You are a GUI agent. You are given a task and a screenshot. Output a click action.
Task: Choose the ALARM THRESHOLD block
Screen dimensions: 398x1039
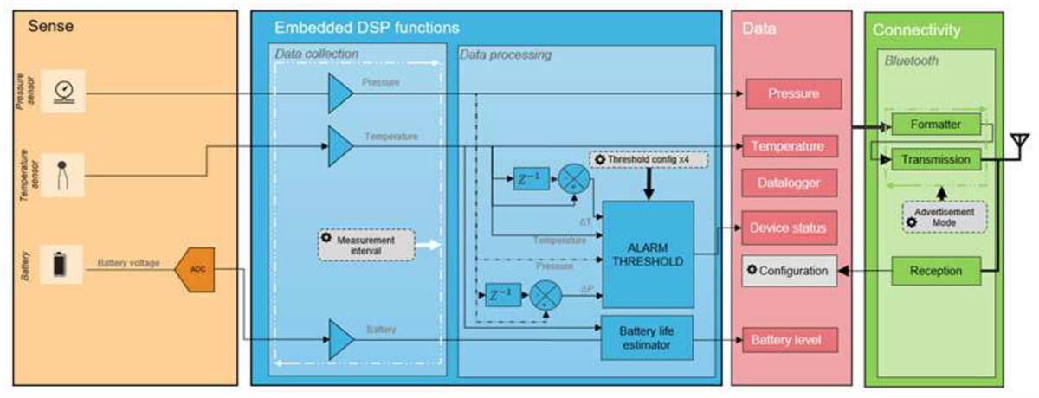tap(648, 254)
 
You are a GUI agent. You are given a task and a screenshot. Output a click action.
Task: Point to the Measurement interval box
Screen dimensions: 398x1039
tap(366, 245)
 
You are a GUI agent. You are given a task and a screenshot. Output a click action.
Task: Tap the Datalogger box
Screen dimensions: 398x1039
tap(792, 183)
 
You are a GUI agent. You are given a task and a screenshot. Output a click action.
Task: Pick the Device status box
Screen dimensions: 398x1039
tap(792, 228)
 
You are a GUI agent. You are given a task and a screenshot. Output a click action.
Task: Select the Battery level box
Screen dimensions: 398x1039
tap(792, 340)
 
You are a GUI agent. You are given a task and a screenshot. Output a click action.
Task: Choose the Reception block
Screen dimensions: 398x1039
tap(936, 271)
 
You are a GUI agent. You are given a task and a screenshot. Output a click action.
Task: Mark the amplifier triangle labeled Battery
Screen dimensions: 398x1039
tap(340, 337)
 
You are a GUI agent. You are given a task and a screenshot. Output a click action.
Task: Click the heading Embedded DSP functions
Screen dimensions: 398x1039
tap(366, 28)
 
